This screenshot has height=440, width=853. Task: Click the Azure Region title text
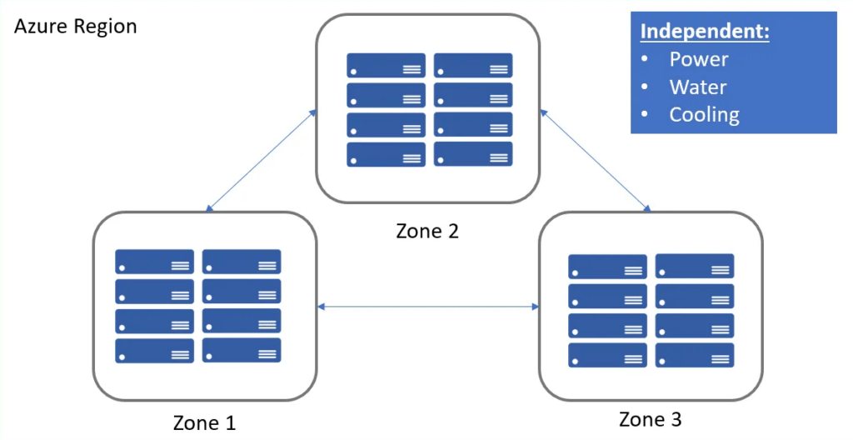click(76, 27)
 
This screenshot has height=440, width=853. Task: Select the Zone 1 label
click(204, 422)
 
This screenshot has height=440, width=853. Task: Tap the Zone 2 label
click(427, 230)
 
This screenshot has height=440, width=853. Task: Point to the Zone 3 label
click(651, 418)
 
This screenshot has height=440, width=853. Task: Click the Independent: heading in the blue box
click(704, 32)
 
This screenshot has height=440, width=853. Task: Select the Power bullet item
click(698, 59)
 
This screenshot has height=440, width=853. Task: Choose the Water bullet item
click(697, 87)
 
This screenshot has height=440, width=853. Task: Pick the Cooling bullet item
click(704, 114)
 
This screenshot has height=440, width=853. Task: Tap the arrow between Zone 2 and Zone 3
click(595, 158)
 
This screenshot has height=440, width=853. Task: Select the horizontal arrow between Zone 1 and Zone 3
click(428, 307)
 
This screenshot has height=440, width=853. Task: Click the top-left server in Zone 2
click(386, 66)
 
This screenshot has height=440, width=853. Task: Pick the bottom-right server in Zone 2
click(473, 154)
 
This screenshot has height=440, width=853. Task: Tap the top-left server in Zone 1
click(154, 262)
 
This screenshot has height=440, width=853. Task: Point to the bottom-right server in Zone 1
click(242, 350)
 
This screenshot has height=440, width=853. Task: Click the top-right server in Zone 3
click(694, 267)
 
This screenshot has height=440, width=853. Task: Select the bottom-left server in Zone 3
click(607, 355)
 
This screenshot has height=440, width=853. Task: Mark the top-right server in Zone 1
click(242, 262)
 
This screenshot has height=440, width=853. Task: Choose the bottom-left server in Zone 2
click(386, 154)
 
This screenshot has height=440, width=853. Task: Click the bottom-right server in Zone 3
click(694, 355)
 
